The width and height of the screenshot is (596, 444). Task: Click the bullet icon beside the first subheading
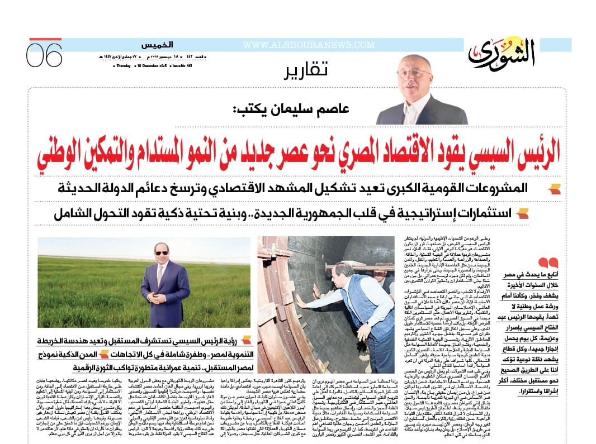point(554,189)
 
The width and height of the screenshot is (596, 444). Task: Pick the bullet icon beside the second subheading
point(523,213)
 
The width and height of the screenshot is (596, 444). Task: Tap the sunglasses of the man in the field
point(161,253)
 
